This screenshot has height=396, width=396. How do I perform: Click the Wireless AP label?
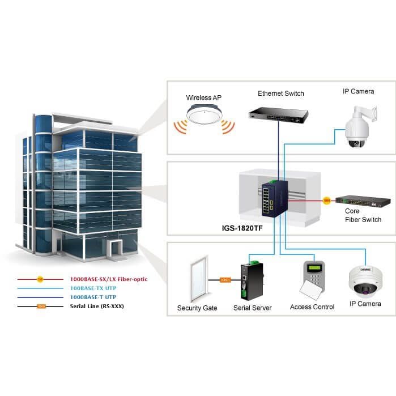[x=203, y=98]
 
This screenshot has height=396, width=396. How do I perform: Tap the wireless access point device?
[x=204, y=115]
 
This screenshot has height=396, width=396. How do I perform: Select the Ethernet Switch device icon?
[x=278, y=115]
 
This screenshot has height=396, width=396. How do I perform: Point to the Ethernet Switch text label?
[x=281, y=93]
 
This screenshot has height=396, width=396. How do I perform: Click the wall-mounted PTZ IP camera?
[x=360, y=127]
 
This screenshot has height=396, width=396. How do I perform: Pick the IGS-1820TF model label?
[x=242, y=228]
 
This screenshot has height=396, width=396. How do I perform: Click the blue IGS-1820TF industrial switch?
[x=275, y=198]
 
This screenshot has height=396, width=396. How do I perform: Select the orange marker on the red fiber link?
[x=326, y=201]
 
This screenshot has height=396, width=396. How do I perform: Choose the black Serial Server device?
[x=252, y=281]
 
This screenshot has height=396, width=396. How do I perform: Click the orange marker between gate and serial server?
[x=225, y=280]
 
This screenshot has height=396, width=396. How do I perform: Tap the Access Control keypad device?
[x=313, y=280]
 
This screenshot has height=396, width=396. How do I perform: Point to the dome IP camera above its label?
[x=365, y=282]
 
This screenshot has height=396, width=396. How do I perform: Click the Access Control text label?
[x=312, y=307]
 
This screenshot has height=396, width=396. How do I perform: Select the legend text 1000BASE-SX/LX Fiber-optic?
[x=109, y=279]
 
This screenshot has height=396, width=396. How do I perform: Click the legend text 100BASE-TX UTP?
[x=93, y=288]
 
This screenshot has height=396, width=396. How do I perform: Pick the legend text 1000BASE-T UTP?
[x=93, y=297]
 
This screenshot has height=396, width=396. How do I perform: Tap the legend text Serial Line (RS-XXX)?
[x=97, y=306]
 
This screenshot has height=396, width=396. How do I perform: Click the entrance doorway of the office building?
[x=115, y=248]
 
